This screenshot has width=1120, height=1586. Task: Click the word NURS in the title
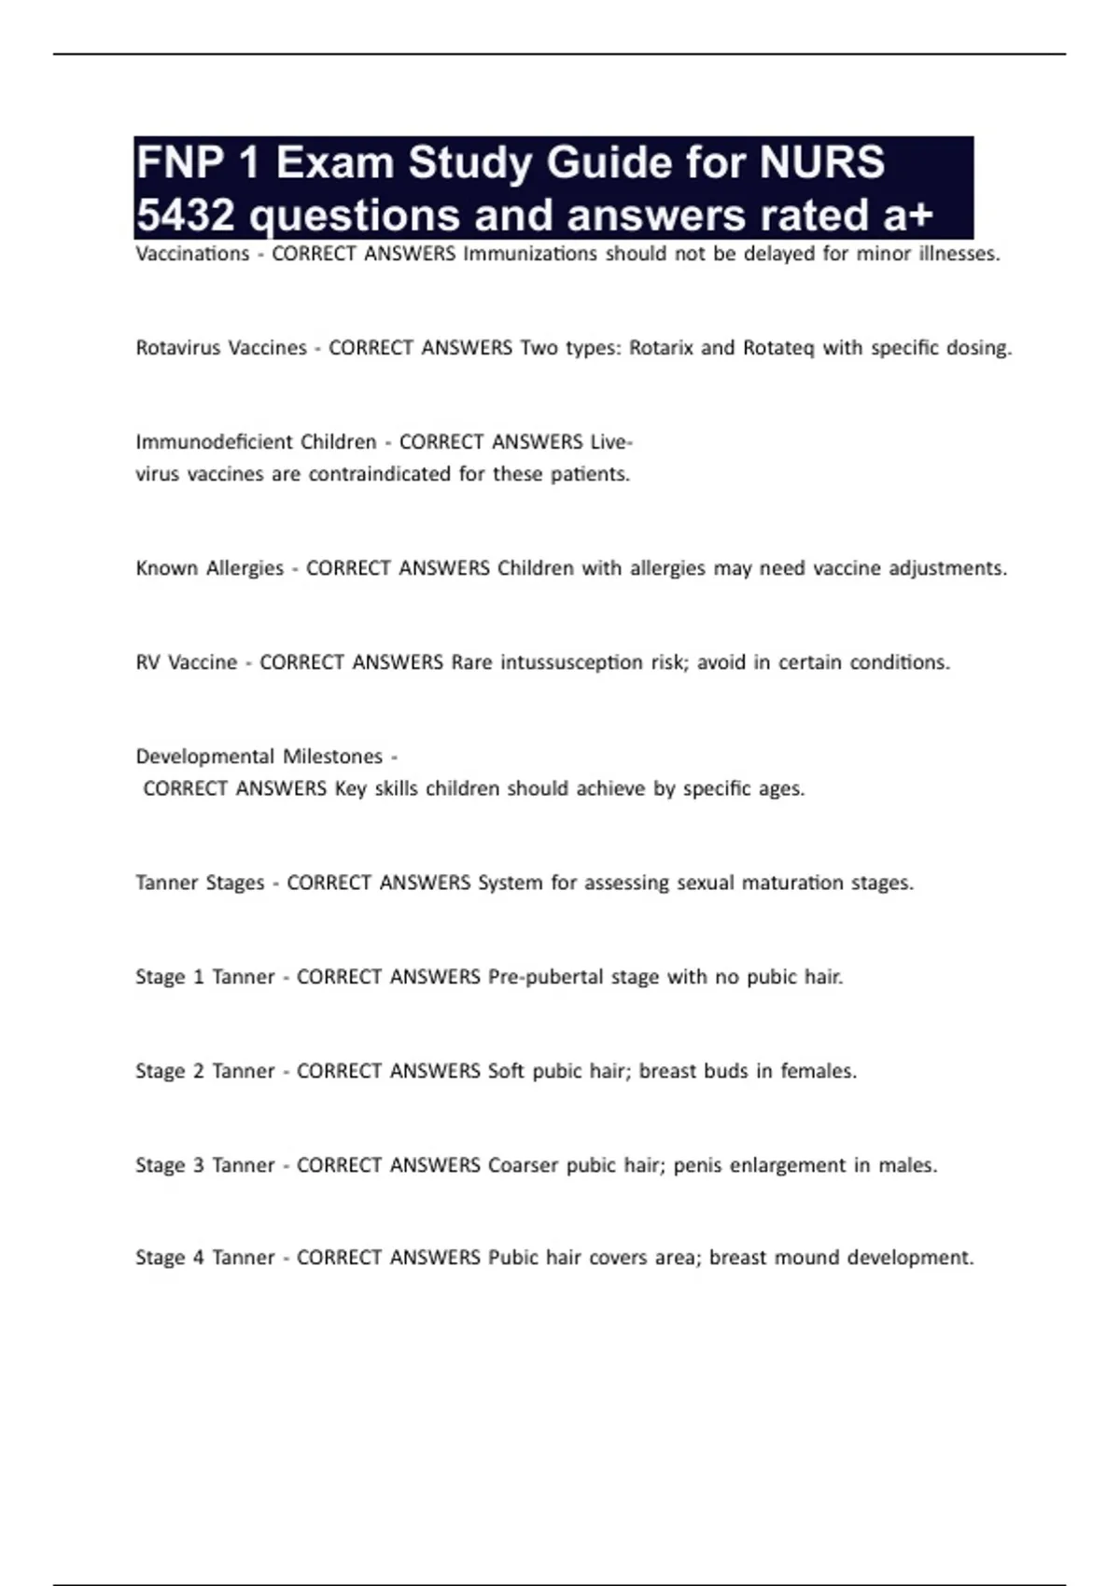[822, 162]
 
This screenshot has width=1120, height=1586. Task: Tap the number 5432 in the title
[185, 216]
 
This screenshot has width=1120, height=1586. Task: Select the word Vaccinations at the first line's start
[192, 254]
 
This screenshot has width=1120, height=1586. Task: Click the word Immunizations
[530, 254]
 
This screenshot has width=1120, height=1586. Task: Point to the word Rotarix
[661, 348]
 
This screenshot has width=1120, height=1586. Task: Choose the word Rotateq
[778, 348]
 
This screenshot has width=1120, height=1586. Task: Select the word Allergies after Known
[245, 568]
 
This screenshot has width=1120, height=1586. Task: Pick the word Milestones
[333, 756]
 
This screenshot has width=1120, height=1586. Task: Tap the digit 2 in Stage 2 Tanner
[199, 1071]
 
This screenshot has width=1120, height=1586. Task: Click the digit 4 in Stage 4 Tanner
[199, 1258]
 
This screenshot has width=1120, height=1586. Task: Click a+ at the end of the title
[907, 216]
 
